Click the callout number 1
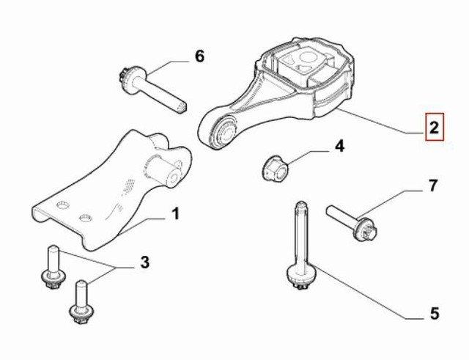[x=176, y=214]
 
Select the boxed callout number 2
[x=435, y=127]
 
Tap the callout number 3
[x=144, y=262]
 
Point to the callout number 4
[x=339, y=147]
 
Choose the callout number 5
[x=435, y=313]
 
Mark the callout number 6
[x=199, y=56]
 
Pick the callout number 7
[x=433, y=185]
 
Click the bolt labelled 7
[x=352, y=222]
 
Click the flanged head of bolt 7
[x=366, y=229]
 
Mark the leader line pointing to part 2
[x=380, y=121]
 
